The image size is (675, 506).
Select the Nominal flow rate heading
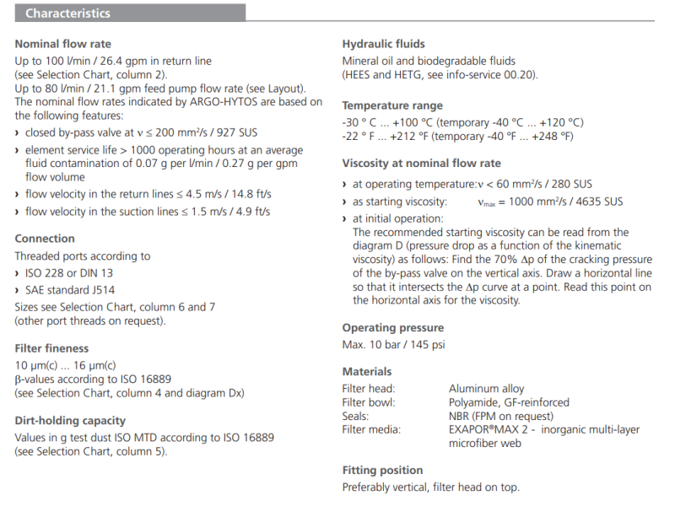62,44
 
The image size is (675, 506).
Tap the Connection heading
45,239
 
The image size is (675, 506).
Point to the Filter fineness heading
51,347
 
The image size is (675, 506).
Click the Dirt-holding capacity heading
70,420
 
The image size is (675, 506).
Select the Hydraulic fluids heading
383,44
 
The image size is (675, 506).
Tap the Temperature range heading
392,105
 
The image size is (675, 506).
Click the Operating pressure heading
392,327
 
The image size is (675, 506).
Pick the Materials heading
367,371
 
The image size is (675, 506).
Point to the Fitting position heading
382,470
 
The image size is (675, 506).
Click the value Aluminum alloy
486,389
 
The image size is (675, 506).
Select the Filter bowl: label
369,402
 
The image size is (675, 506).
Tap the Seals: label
357,416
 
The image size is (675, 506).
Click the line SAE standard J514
69,290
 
